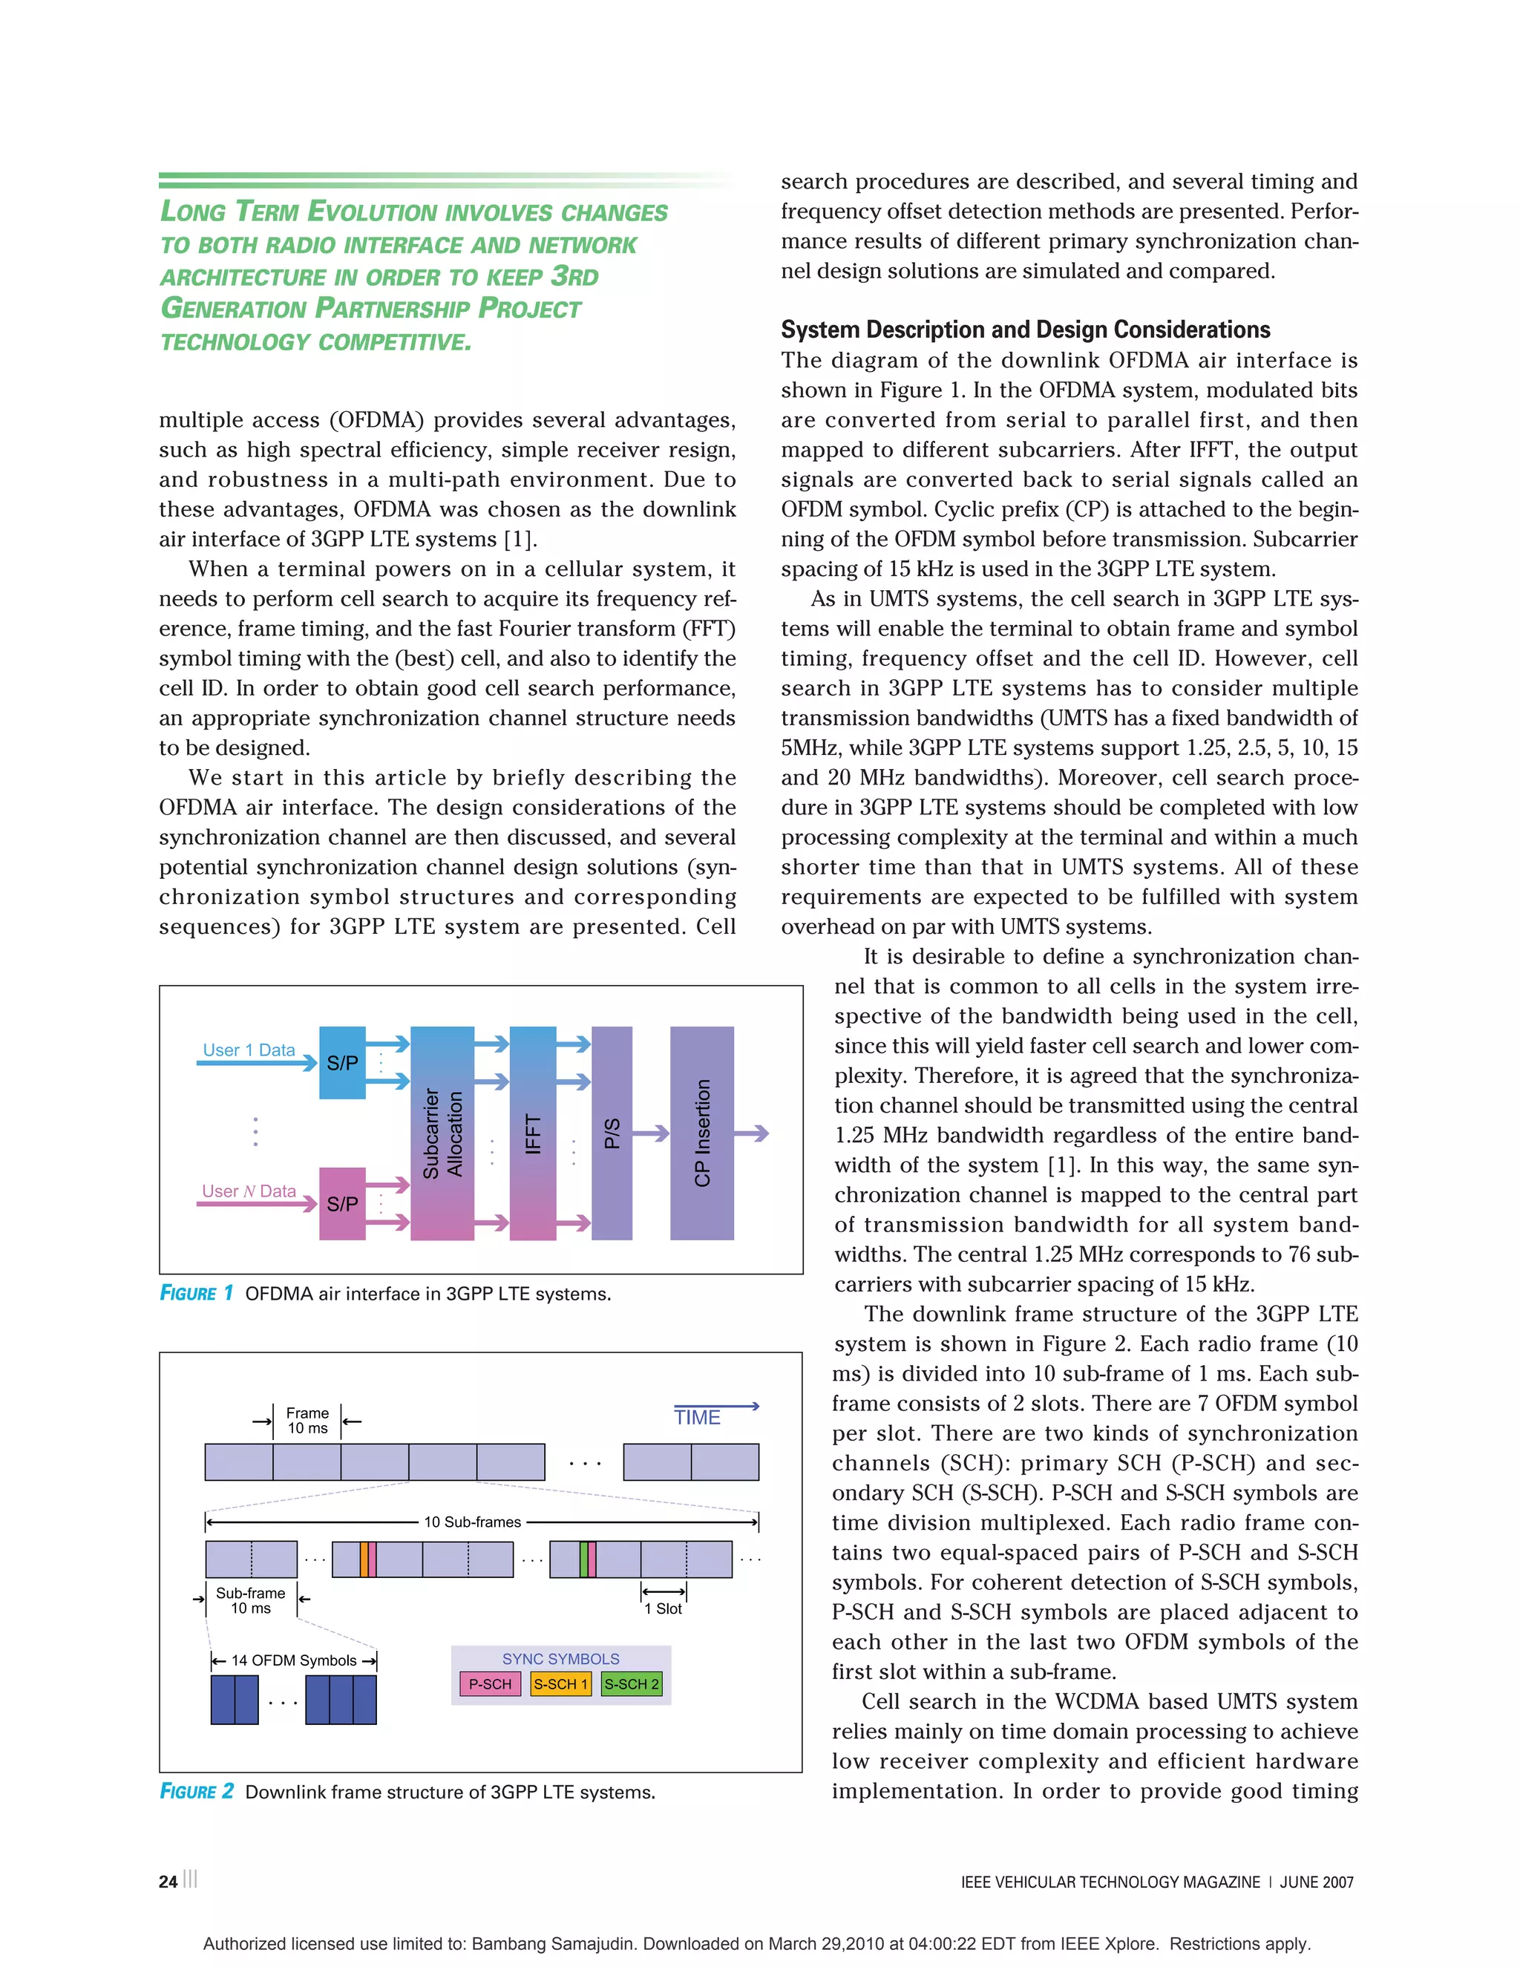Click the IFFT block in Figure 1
(532, 1133)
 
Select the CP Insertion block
(701, 1133)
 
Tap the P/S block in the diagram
(612, 1133)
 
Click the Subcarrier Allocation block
(442, 1133)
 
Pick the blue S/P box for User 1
(342, 1063)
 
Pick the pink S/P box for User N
(342, 1203)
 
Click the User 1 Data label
(249, 1050)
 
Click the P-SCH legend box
(490, 1683)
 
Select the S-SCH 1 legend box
(560, 1683)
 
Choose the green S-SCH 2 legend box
(632, 1683)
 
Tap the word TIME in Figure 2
(697, 1418)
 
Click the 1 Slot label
(663, 1608)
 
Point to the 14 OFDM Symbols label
(294, 1660)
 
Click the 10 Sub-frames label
(473, 1522)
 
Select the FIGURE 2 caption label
(196, 1791)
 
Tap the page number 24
(168, 1882)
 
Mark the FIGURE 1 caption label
(196, 1293)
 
